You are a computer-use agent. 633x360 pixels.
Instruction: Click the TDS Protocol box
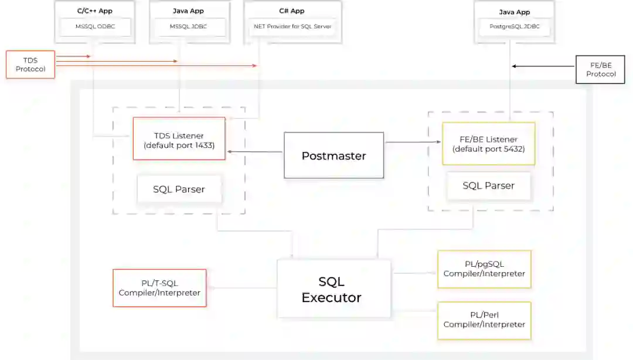coord(30,64)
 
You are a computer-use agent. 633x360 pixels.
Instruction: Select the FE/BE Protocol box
coord(600,69)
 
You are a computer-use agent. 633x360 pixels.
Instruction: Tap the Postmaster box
coord(333,155)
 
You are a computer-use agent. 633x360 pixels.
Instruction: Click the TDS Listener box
coord(179,138)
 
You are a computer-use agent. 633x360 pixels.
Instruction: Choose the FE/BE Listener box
coord(488,144)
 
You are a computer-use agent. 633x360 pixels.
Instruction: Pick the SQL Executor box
coord(333,289)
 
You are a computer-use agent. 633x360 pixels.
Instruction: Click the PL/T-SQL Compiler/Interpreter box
coord(159,288)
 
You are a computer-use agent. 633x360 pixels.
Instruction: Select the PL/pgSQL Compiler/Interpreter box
coord(484,269)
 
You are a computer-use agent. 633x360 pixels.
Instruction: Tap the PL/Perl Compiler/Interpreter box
coord(484,320)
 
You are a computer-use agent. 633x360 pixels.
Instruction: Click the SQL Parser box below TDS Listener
coord(179,189)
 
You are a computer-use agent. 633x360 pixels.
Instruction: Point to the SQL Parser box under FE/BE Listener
coord(488,186)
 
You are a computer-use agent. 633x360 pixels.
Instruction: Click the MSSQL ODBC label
coord(94,27)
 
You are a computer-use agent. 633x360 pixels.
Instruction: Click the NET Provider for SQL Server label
coord(292,27)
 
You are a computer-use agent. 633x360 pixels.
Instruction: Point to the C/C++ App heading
coord(94,11)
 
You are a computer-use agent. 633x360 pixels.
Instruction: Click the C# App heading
coord(292,11)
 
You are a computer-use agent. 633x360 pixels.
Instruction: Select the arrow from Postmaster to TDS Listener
coord(255,152)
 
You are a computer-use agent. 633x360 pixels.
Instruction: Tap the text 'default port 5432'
coord(489,149)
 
